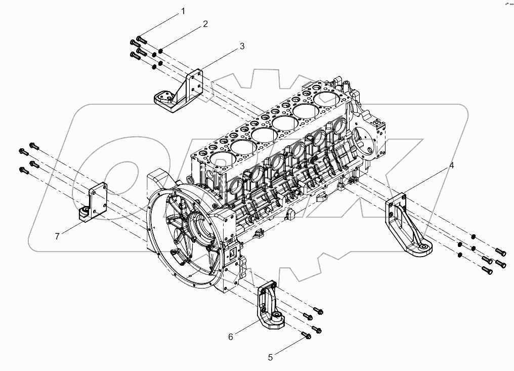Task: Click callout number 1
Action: pos(183,11)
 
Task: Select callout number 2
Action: pos(205,24)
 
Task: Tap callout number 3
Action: pos(242,46)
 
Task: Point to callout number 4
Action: pos(452,166)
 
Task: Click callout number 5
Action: pos(270,357)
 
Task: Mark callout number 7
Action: pos(57,236)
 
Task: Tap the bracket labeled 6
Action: pos(270,308)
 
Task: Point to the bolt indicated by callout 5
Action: pos(306,335)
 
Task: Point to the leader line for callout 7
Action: pos(71,227)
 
